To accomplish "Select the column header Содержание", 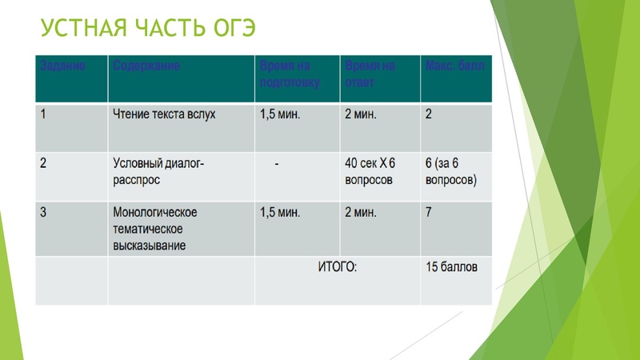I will click(x=146, y=64).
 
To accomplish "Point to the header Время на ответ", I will click(x=370, y=73).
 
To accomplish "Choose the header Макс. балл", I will click(x=454, y=64).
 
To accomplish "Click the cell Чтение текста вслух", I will click(x=164, y=114).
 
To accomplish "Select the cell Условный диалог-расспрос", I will click(x=159, y=171).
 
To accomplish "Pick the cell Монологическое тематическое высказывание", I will click(x=155, y=229).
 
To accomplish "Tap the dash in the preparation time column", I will click(x=276, y=163).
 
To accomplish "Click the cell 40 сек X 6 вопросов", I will click(x=369, y=171).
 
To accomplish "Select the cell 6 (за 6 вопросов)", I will click(x=450, y=171).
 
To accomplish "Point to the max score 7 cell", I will click(x=430, y=213).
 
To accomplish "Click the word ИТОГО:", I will click(x=337, y=266).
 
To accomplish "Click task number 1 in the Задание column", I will click(x=44, y=114).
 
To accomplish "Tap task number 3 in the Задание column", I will click(x=44, y=213).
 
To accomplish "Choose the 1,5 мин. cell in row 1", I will click(x=280, y=114).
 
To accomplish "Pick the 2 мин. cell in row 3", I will click(x=361, y=213).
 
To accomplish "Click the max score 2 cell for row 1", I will click(x=430, y=114).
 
